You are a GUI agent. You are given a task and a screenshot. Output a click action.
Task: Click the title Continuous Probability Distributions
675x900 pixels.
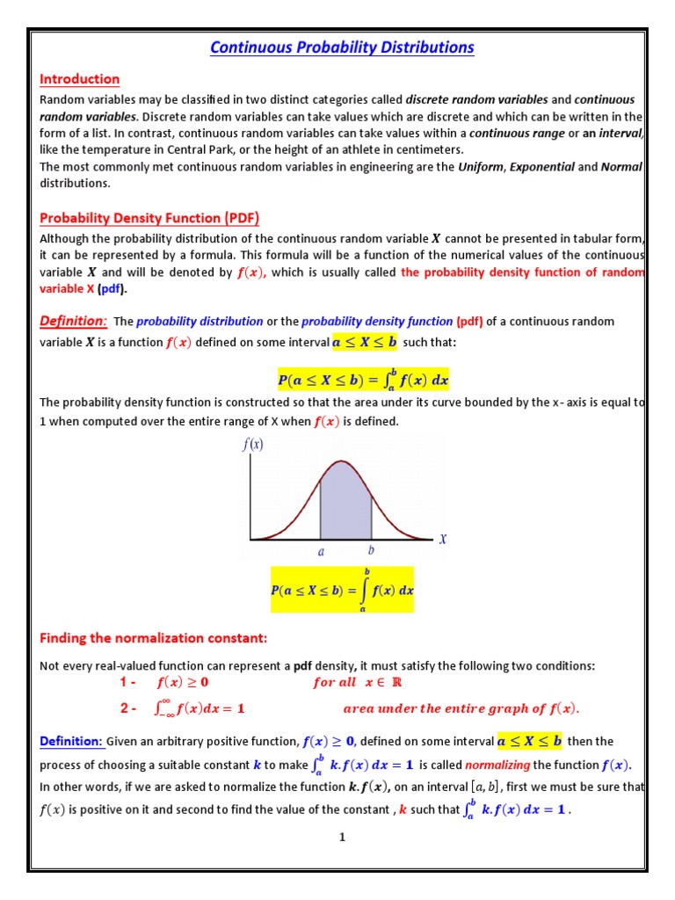click(x=342, y=47)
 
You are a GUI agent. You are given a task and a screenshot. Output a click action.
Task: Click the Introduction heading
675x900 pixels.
click(x=79, y=79)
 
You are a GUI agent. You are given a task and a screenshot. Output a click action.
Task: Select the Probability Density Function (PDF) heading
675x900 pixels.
click(x=149, y=218)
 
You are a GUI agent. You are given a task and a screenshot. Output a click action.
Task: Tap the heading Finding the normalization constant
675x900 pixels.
click(x=153, y=636)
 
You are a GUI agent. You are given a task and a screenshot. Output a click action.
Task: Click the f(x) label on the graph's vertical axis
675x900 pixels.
click(x=252, y=445)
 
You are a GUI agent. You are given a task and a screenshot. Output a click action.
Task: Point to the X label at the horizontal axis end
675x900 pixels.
click(x=442, y=539)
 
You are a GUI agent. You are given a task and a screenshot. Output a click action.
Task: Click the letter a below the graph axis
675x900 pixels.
click(x=321, y=552)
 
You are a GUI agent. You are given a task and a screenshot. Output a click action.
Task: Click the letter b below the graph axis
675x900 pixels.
click(x=371, y=551)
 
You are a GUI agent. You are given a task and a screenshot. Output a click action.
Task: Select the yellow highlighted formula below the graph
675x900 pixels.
click(x=341, y=590)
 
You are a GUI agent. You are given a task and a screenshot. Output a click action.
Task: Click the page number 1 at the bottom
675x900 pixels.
click(x=342, y=837)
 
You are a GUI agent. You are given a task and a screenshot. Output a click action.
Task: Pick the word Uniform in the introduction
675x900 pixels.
click(x=481, y=167)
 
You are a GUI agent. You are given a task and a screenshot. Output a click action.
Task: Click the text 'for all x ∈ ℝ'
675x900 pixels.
click(x=361, y=682)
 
